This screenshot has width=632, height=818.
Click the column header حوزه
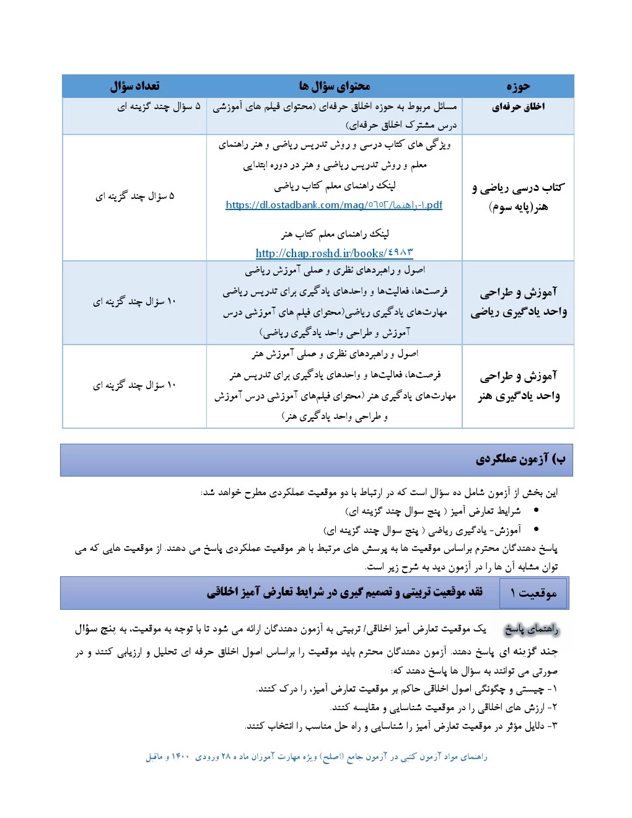click(x=518, y=86)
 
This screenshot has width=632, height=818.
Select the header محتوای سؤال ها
click(x=334, y=86)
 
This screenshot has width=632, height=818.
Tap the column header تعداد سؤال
click(x=134, y=86)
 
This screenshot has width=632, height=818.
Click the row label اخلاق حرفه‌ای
click(x=518, y=107)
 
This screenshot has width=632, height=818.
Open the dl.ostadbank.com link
click(x=334, y=205)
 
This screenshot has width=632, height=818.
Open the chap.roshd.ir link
click(x=334, y=253)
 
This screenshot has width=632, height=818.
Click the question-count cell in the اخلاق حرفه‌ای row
click(x=159, y=107)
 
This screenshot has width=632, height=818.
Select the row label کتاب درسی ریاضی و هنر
click(x=518, y=196)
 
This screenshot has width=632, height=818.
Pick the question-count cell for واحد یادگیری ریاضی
click(x=134, y=302)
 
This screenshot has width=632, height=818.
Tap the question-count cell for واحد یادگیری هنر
click(x=134, y=385)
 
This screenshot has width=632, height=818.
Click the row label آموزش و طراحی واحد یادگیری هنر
click(x=518, y=385)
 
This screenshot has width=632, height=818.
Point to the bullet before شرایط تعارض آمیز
click(x=536, y=511)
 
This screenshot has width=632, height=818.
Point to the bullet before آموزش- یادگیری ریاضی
click(x=536, y=530)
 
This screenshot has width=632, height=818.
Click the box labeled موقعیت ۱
click(x=533, y=594)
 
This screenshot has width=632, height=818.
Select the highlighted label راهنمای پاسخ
click(x=531, y=630)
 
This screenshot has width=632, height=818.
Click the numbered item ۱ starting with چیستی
click(x=407, y=688)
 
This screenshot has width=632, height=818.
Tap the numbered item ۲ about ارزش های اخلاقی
click(x=444, y=707)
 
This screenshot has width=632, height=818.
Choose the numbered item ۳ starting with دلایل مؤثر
click(x=401, y=726)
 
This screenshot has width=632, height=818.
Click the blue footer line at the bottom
click(x=316, y=757)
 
